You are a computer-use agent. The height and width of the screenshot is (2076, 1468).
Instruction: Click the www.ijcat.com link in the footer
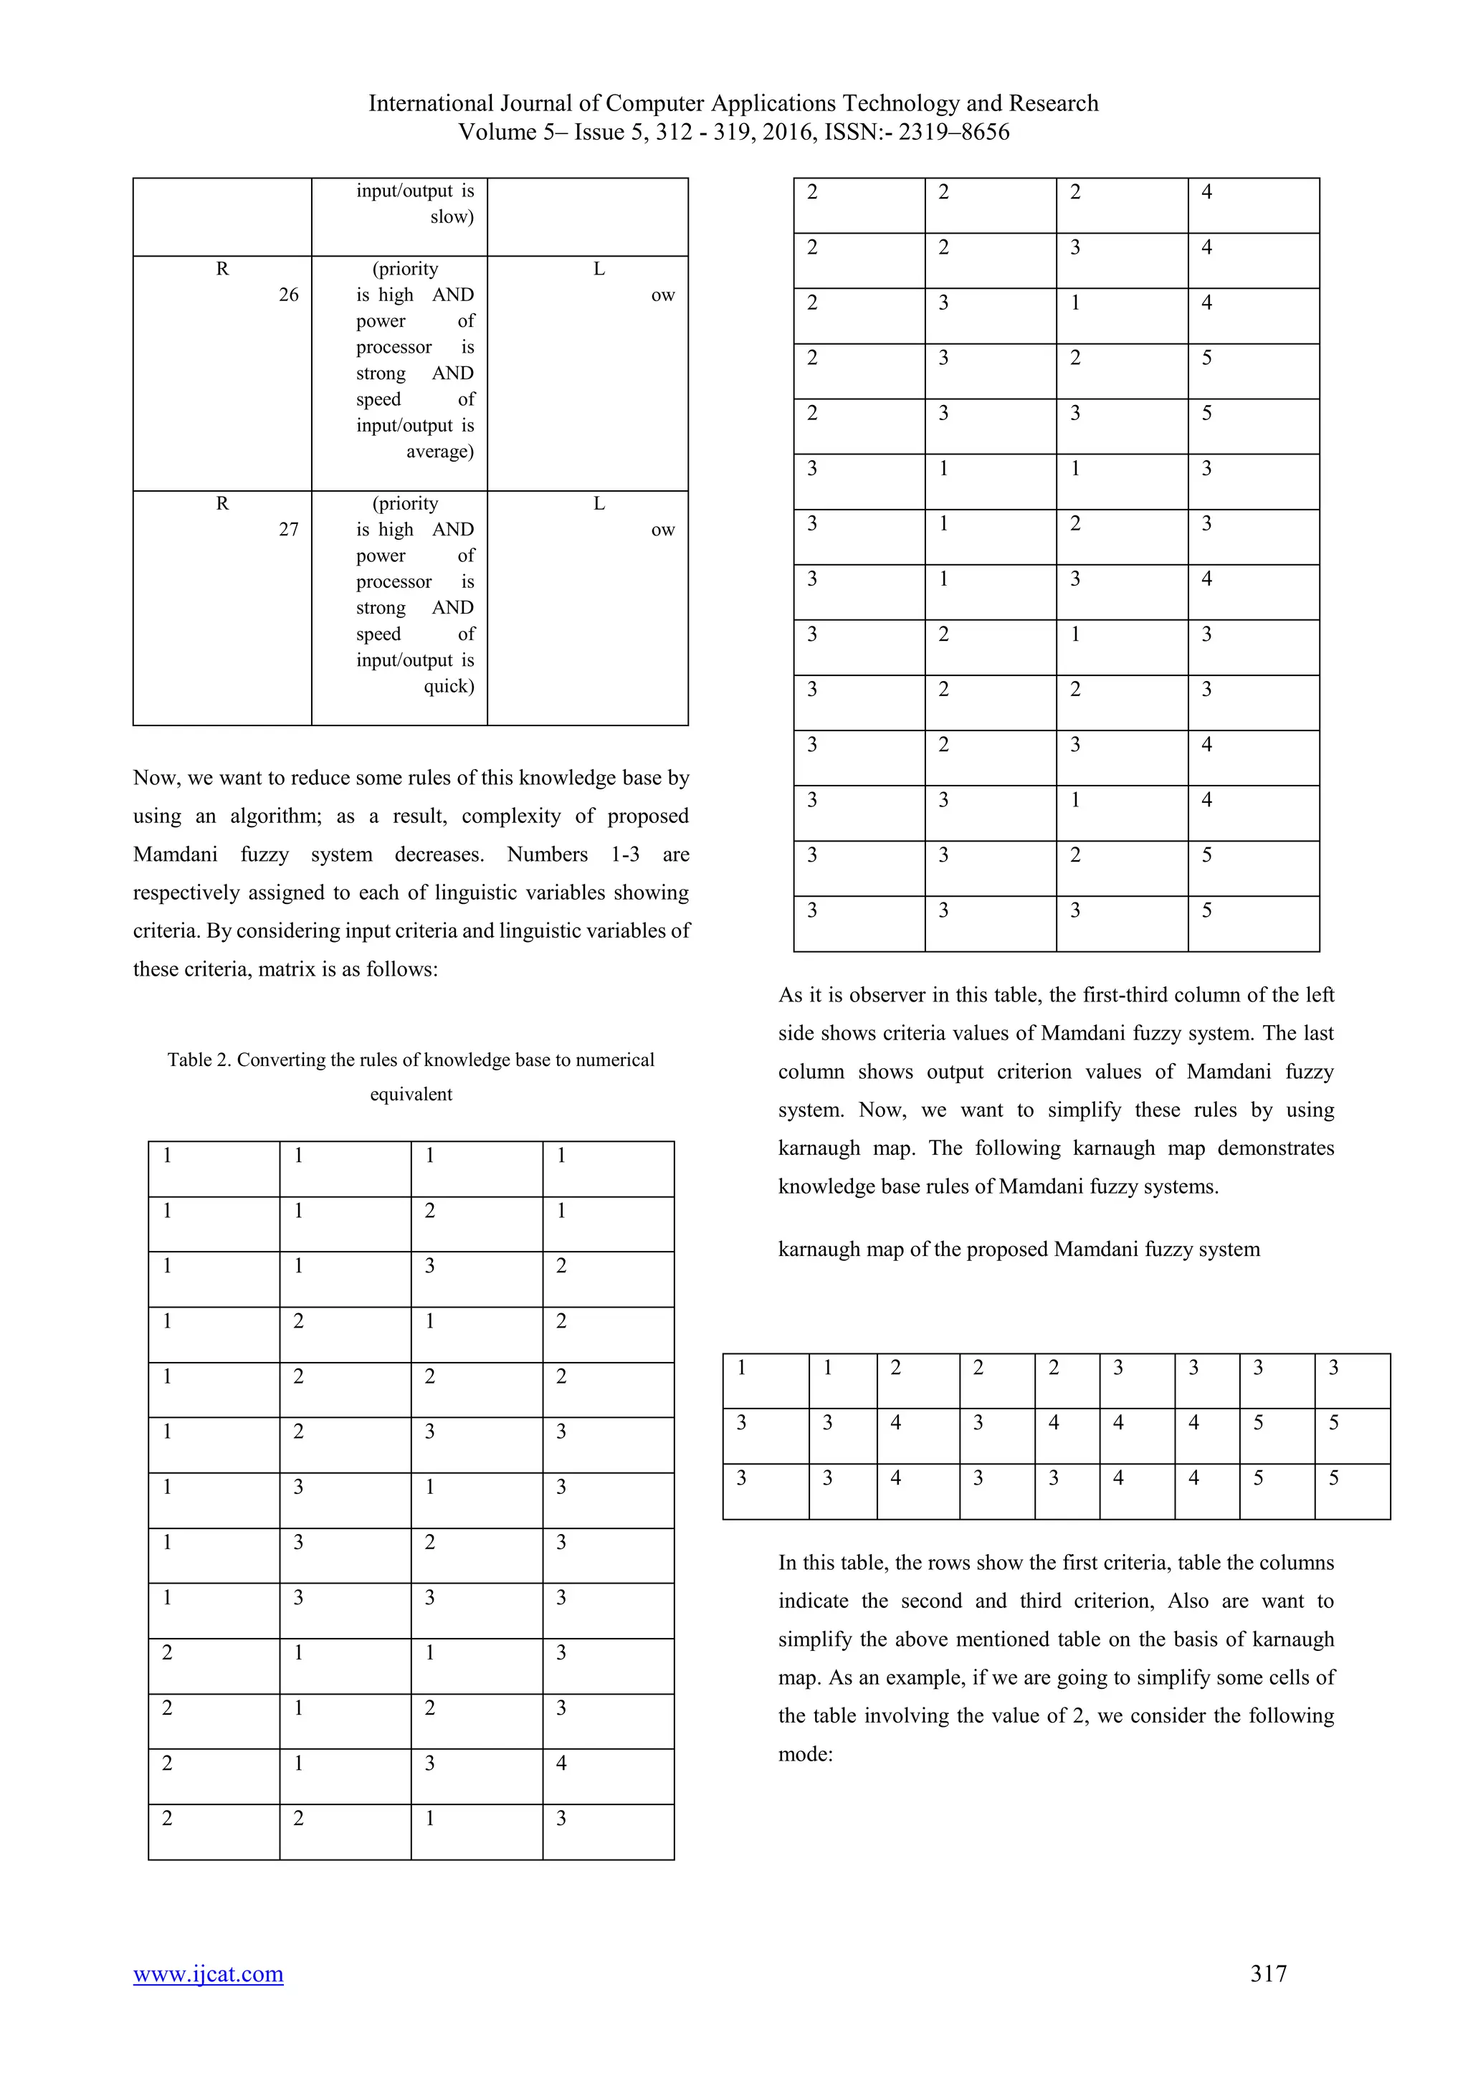coord(208,1973)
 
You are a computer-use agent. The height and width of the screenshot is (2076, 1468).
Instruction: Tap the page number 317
coord(1268,1973)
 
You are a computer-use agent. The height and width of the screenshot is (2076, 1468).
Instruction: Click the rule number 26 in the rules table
coord(288,295)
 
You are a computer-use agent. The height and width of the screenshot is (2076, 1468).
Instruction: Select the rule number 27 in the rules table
coord(288,530)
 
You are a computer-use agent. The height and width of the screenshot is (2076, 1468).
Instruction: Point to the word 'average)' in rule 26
coord(439,451)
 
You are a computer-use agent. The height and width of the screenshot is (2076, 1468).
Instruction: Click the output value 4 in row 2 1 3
coord(561,1763)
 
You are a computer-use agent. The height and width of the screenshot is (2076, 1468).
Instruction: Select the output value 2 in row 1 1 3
coord(561,1266)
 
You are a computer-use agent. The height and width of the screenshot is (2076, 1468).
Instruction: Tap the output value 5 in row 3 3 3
coord(1207,910)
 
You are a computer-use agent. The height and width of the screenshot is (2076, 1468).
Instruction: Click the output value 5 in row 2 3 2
coord(1207,358)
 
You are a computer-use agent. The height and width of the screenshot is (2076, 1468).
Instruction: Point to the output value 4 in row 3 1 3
coord(1207,578)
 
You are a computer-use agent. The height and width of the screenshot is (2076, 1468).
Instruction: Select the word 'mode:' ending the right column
coord(804,1754)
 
